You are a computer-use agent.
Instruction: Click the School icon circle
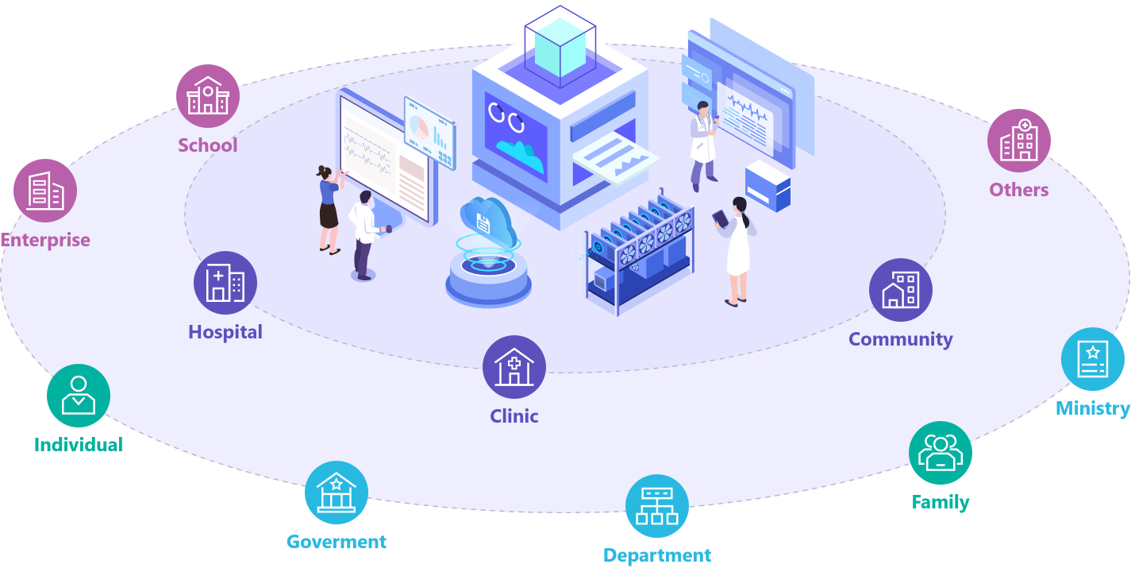point(208,96)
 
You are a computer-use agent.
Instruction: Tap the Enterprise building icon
point(45,191)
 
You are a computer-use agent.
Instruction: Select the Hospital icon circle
point(225,284)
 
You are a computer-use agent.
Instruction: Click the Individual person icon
point(79,395)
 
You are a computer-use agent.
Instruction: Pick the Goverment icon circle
point(337,493)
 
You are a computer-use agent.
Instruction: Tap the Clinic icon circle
point(514,367)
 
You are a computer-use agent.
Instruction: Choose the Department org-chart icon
point(657,506)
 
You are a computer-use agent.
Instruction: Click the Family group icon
point(941,453)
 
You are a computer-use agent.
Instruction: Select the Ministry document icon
point(1093,359)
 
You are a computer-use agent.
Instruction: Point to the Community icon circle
point(901,290)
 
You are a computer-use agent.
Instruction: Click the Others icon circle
point(1019,141)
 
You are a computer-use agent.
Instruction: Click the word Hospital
point(225,332)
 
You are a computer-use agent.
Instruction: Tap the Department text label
point(657,555)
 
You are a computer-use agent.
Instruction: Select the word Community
point(901,339)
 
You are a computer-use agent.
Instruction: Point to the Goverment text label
point(337,542)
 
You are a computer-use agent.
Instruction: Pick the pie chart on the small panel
point(419,126)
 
